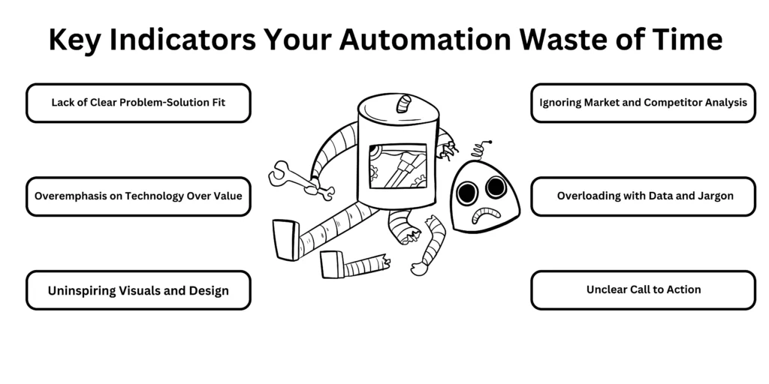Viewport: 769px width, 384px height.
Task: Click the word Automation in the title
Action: pyautogui.click(x=425, y=39)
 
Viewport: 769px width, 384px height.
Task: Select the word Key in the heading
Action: pyautogui.click(x=75, y=40)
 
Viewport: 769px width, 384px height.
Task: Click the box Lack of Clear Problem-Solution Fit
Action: pyautogui.click(x=138, y=103)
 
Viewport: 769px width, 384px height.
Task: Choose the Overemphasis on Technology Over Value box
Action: pyautogui.click(x=138, y=196)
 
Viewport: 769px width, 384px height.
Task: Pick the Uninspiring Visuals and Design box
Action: pyautogui.click(x=138, y=290)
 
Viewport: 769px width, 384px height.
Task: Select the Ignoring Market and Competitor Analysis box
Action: pyautogui.click(x=643, y=103)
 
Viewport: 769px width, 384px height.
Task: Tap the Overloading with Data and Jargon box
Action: pyautogui.click(x=643, y=196)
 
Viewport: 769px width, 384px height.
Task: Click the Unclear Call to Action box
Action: pyautogui.click(x=643, y=290)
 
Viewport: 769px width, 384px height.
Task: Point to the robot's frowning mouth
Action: pyautogui.click(x=486, y=214)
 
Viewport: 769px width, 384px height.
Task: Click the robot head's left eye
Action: pyautogui.click(x=467, y=193)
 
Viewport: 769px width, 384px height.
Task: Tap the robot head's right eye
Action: pyautogui.click(x=496, y=187)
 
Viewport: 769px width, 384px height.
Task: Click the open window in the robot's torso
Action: pyautogui.click(x=398, y=166)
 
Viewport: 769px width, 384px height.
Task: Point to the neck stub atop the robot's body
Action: pyautogui.click(x=404, y=103)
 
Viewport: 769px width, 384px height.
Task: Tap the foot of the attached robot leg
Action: pyautogui.click(x=286, y=239)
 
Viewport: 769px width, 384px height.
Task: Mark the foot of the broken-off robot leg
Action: pyautogui.click(x=332, y=264)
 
